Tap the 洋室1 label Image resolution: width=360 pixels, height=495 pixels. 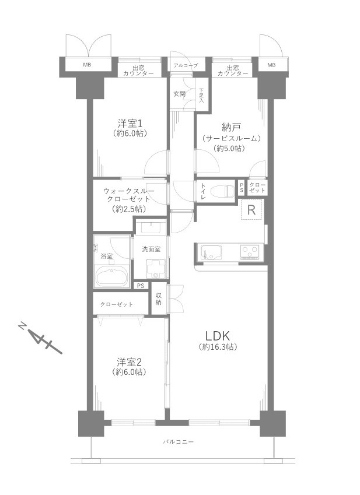pos(130,123)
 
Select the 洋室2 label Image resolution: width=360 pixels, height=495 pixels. pos(130,361)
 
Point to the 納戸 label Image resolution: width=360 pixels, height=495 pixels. pos(231,128)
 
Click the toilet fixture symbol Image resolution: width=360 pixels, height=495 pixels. pos(221,190)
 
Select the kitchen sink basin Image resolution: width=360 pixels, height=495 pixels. pos(209,252)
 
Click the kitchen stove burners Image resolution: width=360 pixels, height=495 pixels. pos(250,252)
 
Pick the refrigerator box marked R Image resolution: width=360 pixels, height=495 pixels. pos(251,210)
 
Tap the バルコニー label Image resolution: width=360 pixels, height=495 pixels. pos(178,442)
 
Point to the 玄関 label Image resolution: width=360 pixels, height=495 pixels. pos(179,94)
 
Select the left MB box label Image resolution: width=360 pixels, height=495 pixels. pos(86,65)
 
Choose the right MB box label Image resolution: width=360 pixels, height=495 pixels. pos(271,65)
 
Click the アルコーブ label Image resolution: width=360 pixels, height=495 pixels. pos(186,65)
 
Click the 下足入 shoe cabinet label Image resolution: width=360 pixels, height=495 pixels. pos(201,96)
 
